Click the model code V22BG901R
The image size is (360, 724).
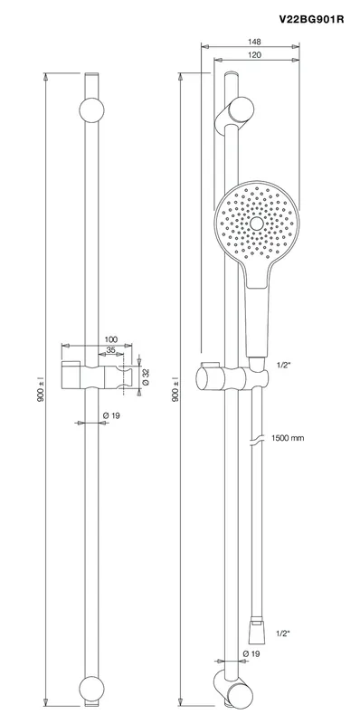point(311,19)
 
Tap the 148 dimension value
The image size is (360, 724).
point(254,42)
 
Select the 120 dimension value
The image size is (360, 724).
point(254,55)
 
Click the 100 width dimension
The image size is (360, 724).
point(111,339)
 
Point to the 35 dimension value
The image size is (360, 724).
point(110,350)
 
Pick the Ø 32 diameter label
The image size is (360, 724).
point(146,376)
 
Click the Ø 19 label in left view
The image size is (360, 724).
point(111,415)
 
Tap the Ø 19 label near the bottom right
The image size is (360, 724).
point(251,653)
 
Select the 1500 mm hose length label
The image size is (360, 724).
point(288,438)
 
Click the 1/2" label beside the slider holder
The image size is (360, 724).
point(282,365)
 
